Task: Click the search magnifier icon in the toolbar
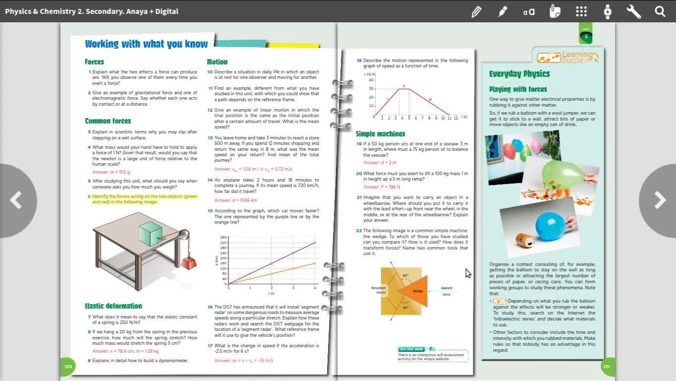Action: (660, 11)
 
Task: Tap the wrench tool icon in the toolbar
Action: (633, 11)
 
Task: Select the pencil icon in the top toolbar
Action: (476, 11)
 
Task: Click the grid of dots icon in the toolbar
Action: (581, 11)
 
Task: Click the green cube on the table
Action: (151, 234)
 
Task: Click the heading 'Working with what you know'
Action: (146, 44)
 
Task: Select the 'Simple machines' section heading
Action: (380, 134)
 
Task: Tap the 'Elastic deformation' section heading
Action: (113, 306)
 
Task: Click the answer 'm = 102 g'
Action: (111, 172)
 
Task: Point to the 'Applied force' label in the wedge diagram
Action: (447, 291)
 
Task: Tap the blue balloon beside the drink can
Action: (550, 226)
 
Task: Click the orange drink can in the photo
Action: (524, 241)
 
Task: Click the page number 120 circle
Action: (68, 367)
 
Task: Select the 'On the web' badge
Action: (412, 349)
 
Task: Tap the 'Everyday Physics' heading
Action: (519, 74)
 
